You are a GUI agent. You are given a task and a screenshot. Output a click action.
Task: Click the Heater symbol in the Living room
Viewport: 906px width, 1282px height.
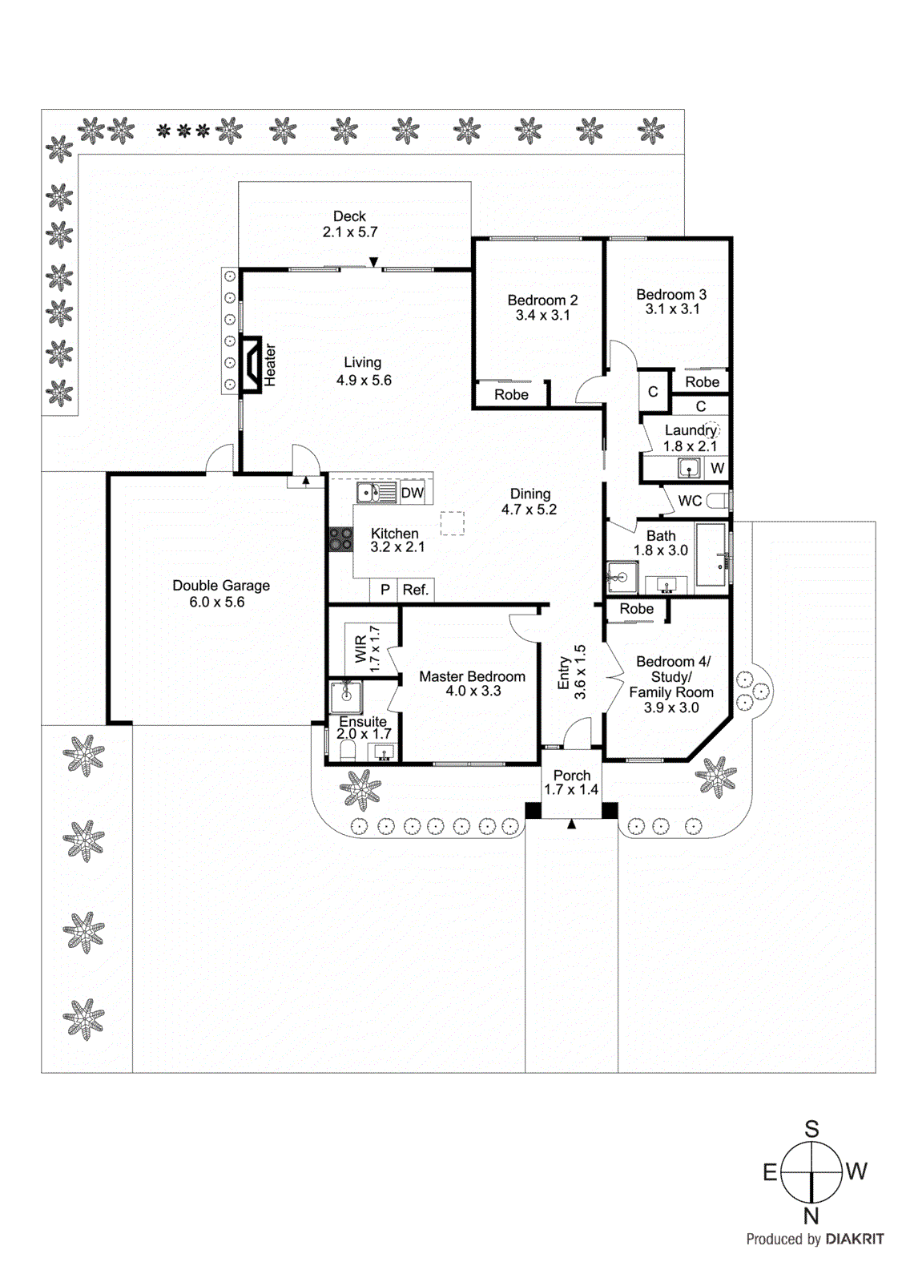click(252, 365)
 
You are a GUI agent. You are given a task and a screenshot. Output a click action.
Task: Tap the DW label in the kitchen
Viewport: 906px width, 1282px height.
click(413, 493)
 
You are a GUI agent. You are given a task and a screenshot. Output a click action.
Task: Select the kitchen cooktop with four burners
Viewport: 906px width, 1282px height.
click(340, 539)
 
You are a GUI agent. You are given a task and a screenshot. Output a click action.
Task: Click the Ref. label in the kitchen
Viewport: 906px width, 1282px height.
click(416, 590)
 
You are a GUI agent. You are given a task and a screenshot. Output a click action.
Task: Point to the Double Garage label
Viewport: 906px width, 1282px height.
click(221, 586)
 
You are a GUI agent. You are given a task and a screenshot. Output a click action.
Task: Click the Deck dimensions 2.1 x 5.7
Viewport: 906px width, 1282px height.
click(350, 232)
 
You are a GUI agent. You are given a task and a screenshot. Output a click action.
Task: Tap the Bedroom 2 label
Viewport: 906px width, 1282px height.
click(542, 300)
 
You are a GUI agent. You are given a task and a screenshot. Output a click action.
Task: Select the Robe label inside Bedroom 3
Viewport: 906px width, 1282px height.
click(702, 382)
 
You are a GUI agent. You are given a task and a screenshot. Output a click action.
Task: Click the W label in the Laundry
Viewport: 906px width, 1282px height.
click(717, 468)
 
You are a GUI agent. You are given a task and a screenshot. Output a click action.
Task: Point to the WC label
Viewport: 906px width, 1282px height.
click(690, 501)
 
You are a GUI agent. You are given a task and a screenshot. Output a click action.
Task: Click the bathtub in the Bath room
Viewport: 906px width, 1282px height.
click(711, 554)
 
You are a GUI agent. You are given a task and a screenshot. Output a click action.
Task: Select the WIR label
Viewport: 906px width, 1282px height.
click(361, 649)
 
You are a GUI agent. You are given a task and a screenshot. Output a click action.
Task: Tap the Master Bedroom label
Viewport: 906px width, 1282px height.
click(472, 676)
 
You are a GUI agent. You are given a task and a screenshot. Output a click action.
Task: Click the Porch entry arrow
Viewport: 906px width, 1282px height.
click(571, 824)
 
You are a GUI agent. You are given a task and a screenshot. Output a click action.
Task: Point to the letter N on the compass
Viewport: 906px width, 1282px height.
click(811, 1215)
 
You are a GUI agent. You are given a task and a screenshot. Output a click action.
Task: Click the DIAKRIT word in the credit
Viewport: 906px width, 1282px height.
click(855, 1240)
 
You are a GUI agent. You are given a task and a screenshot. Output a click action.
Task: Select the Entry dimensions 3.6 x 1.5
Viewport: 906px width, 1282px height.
click(580, 672)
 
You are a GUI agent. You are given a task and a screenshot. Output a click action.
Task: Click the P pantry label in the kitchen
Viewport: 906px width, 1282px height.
click(385, 590)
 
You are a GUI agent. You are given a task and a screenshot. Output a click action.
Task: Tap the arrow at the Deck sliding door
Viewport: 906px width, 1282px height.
click(373, 262)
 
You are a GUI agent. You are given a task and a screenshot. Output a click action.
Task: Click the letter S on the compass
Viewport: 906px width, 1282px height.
click(811, 1129)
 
